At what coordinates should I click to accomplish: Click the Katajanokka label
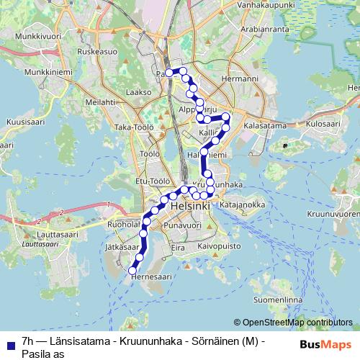click(x=243, y=205)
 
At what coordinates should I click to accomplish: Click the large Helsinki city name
click(x=191, y=207)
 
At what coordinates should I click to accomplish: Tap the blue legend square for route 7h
click(x=9, y=343)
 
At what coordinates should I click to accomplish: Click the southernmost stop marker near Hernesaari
click(x=132, y=271)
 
